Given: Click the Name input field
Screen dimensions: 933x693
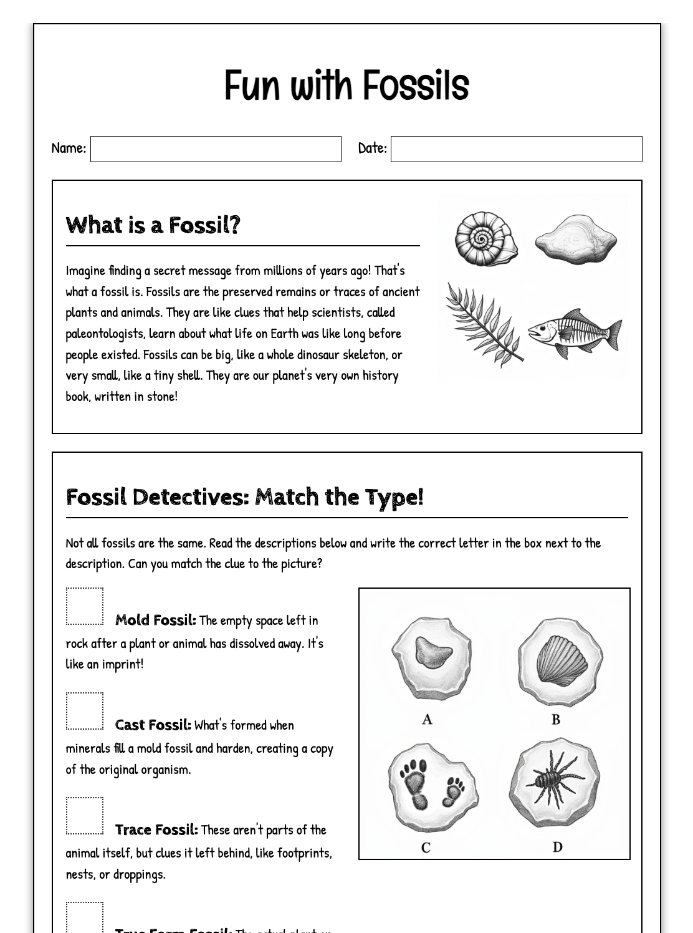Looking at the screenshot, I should [216, 149].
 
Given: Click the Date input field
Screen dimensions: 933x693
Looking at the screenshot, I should [516, 149].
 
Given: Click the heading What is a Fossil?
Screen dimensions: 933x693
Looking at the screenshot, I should [153, 225].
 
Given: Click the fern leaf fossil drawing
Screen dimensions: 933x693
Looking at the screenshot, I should [484, 324].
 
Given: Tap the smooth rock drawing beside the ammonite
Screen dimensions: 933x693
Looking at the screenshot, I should [575, 239].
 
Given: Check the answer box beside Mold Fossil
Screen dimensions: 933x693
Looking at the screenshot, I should [85, 606].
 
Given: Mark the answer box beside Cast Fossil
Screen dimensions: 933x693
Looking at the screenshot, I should [85, 711].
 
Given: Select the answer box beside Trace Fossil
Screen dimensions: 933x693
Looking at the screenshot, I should [85, 816].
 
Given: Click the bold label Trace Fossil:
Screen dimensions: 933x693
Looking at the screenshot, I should [156, 830].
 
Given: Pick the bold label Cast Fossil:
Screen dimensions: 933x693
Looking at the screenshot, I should [153, 725].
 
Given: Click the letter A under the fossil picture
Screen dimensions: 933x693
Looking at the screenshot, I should [427, 719].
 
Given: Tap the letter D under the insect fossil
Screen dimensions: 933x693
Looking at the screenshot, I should [557, 847].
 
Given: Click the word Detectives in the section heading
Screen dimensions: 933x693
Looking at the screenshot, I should [190, 497].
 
